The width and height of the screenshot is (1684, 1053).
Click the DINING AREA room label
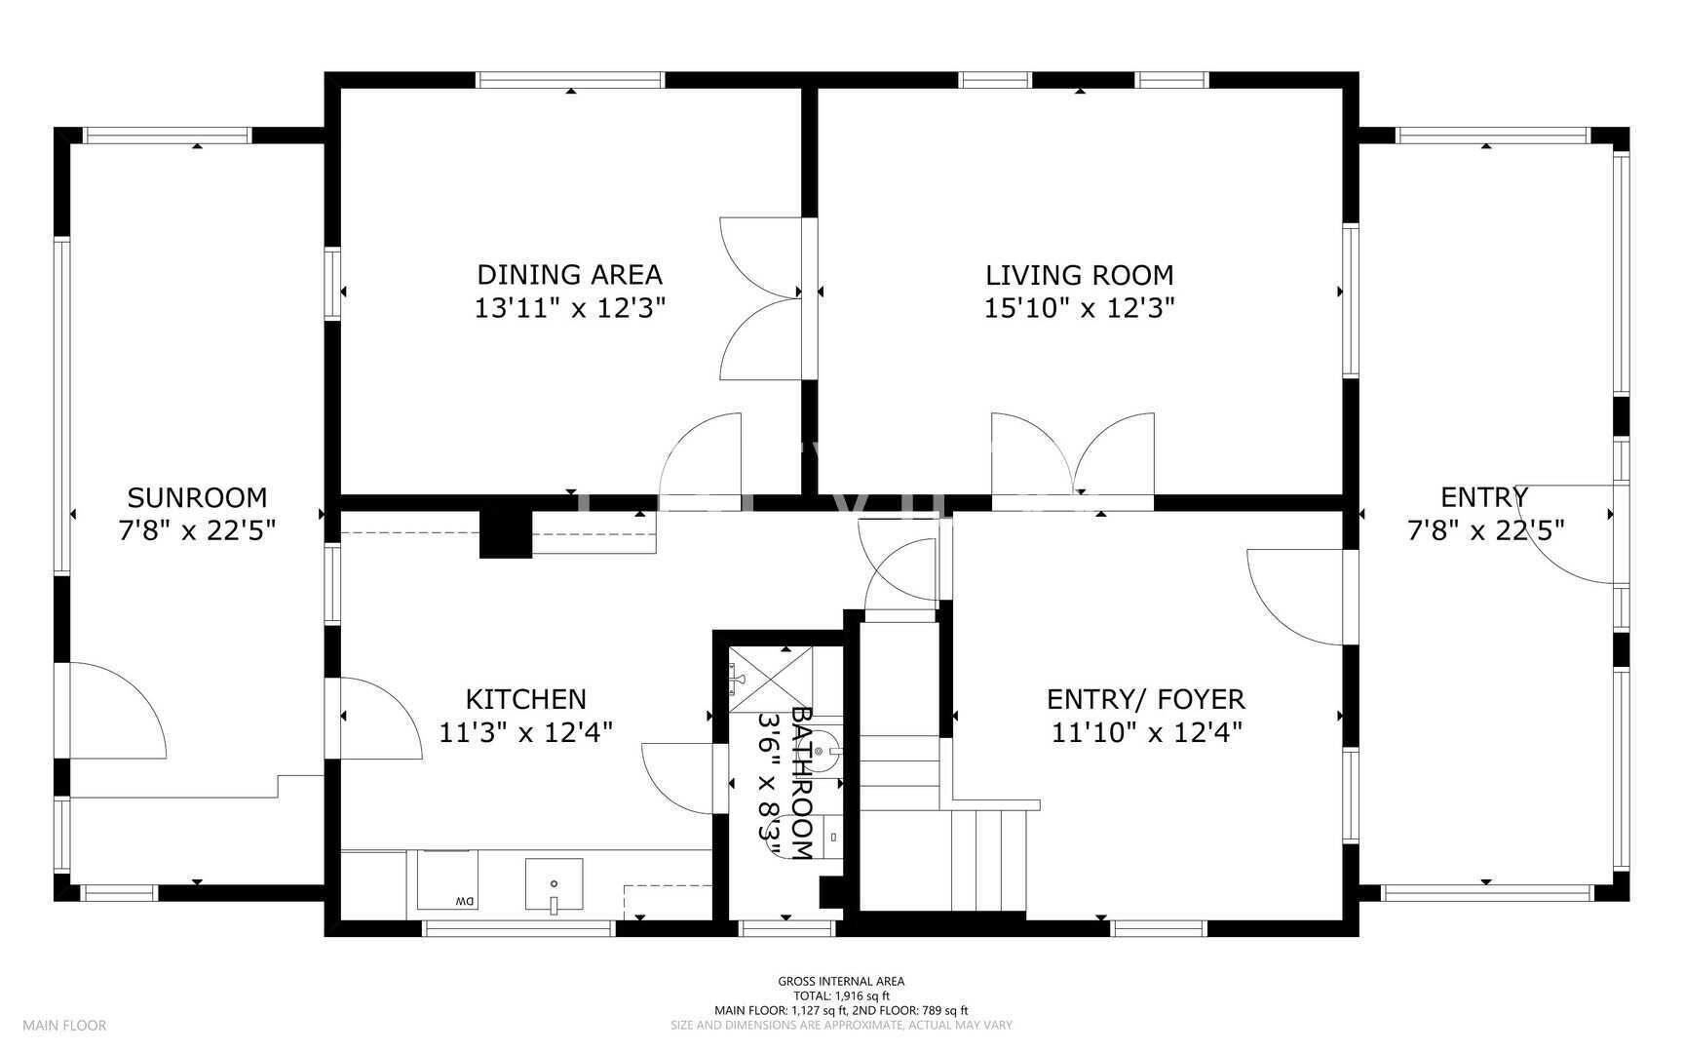point(569,274)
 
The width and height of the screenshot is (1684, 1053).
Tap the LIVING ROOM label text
point(1080,275)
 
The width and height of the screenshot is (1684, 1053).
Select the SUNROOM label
point(197,497)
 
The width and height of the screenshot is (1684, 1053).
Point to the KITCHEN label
point(525,699)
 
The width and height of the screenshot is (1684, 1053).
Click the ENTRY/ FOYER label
point(1146,699)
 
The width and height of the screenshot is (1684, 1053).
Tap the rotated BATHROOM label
point(802,783)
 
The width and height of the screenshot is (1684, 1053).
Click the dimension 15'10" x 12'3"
point(1080,308)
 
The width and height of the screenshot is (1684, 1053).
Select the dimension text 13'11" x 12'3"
point(569,308)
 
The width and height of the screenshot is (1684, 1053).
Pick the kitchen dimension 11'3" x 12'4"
point(525,732)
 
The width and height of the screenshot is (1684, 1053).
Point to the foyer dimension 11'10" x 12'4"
point(1146,732)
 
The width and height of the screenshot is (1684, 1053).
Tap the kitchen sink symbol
point(554,884)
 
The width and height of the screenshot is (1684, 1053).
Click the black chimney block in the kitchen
point(506,534)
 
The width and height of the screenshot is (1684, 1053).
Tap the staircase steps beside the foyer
point(988,857)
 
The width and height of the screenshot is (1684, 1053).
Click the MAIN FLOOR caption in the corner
point(64,1025)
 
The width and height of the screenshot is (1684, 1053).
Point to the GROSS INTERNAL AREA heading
point(841,981)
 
